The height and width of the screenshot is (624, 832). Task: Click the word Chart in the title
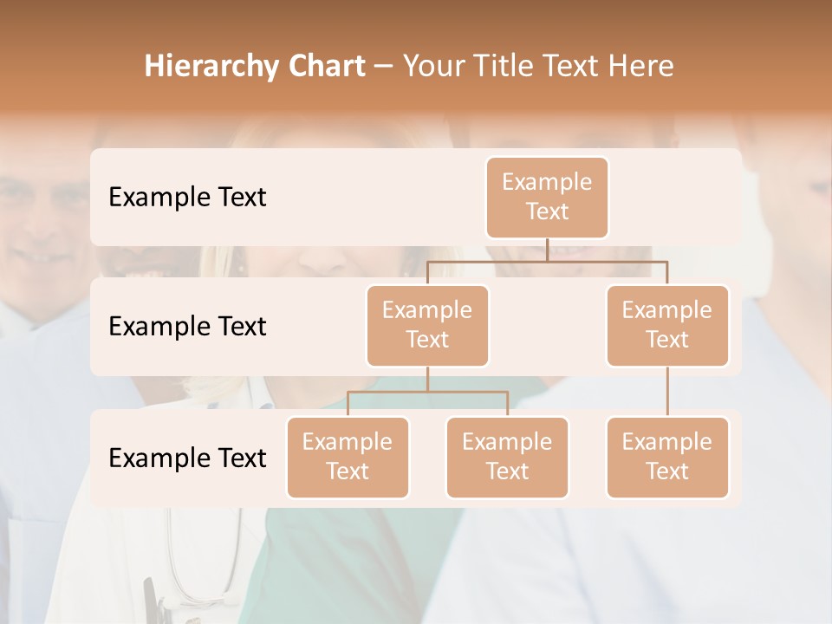point(323,66)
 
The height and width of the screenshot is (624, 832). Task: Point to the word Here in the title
point(640,66)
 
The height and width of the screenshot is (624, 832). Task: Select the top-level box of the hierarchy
point(547,197)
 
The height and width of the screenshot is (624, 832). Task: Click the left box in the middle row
point(427,325)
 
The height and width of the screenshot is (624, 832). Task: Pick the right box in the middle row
point(667,325)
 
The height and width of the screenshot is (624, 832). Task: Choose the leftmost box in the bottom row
point(348,457)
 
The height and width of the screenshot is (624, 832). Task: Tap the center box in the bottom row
point(507,457)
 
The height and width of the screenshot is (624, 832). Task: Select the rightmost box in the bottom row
point(667,457)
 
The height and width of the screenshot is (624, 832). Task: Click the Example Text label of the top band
point(187,197)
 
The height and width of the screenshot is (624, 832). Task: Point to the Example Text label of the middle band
point(187,326)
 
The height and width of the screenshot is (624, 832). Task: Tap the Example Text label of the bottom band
point(187,458)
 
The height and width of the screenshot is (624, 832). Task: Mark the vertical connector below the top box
point(547,250)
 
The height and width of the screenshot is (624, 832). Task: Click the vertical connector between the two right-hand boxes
point(667,392)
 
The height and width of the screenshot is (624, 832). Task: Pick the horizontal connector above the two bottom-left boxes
point(427,392)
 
